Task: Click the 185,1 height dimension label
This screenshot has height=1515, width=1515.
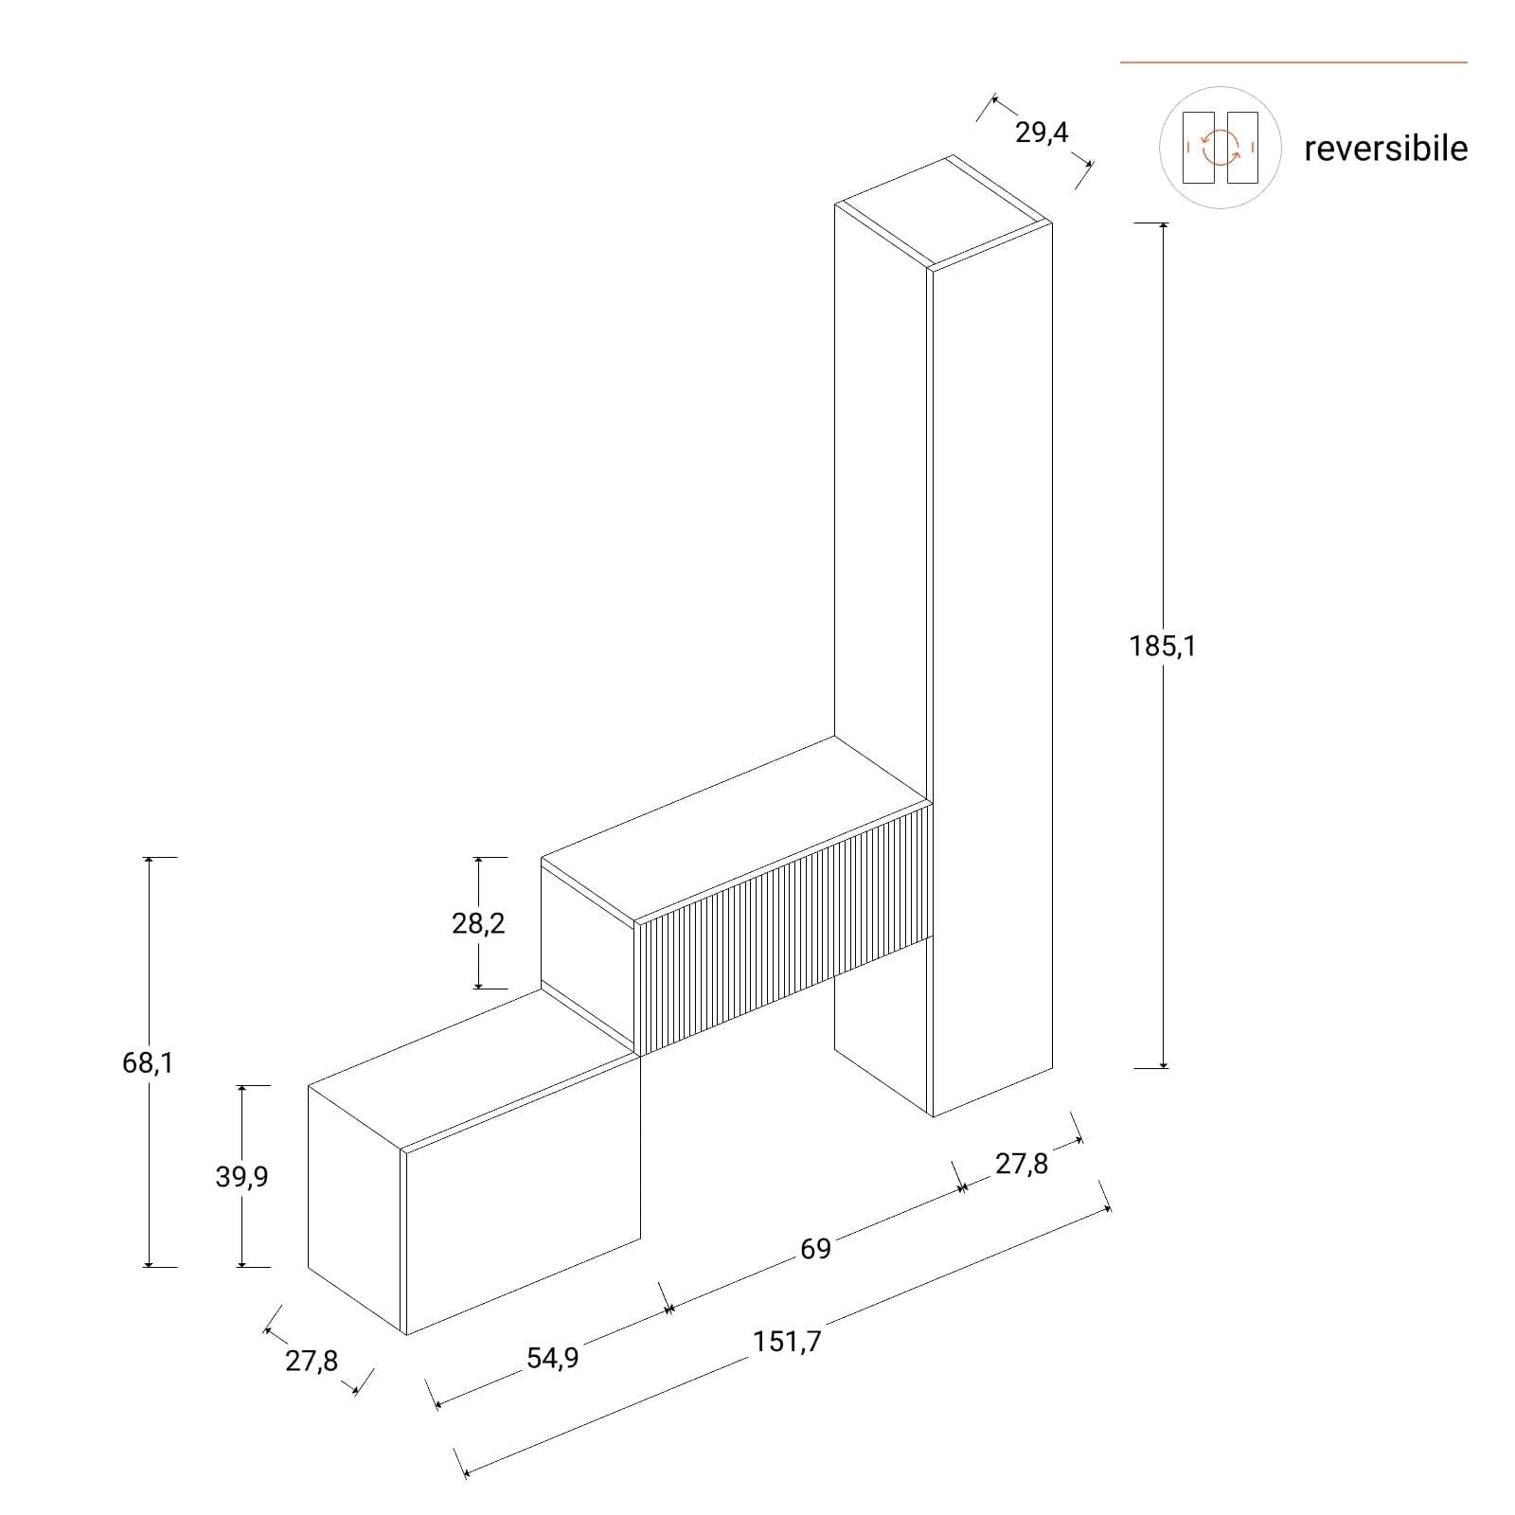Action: [1162, 647]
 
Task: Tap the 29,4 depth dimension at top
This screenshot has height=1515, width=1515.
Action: [1042, 134]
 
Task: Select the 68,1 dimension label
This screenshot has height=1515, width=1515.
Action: [148, 1063]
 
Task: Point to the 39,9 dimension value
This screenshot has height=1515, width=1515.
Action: [241, 1177]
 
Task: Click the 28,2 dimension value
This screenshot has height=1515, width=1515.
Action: [478, 923]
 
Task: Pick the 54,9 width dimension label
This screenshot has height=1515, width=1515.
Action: [552, 1359]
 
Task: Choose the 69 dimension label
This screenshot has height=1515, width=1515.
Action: [815, 1249]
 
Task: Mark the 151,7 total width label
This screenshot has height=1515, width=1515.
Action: [788, 1342]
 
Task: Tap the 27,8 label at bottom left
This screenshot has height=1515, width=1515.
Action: [312, 1362]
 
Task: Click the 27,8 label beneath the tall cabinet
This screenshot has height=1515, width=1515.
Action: [1022, 1164]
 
